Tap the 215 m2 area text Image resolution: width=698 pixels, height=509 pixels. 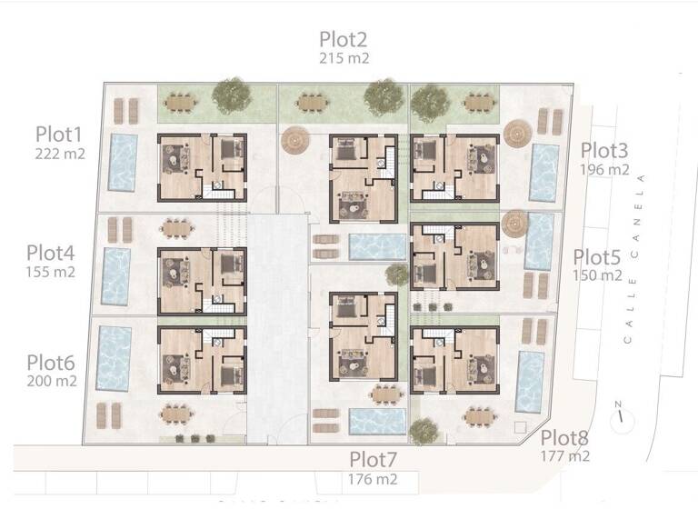pyautogui.click(x=344, y=58)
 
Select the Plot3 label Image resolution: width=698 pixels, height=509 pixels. pyautogui.click(x=606, y=150)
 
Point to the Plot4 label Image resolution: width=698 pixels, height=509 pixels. pyautogui.click(x=50, y=252)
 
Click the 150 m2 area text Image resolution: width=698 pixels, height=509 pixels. pyautogui.click(x=597, y=275)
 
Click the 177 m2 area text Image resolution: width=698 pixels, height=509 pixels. pyautogui.click(x=565, y=456)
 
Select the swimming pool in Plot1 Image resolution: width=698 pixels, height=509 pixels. pyautogui.click(x=122, y=163)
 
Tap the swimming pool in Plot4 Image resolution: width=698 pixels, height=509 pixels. pyautogui.click(x=115, y=276)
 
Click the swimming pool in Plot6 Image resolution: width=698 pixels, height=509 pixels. pyautogui.click(x=114, y=359)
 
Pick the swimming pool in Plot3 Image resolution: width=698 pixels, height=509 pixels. pyautogui.click(x=543, y=173)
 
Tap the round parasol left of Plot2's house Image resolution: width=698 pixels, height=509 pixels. pyautogui.click(x=295, y=140)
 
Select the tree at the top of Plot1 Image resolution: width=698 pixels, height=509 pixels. pyautogui.click(x=233, y=94)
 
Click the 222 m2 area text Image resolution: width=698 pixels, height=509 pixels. pyautogui.click(x=60, y=154)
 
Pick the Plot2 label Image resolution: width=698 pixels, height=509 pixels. pyautogui.click(x=344, y=39)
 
